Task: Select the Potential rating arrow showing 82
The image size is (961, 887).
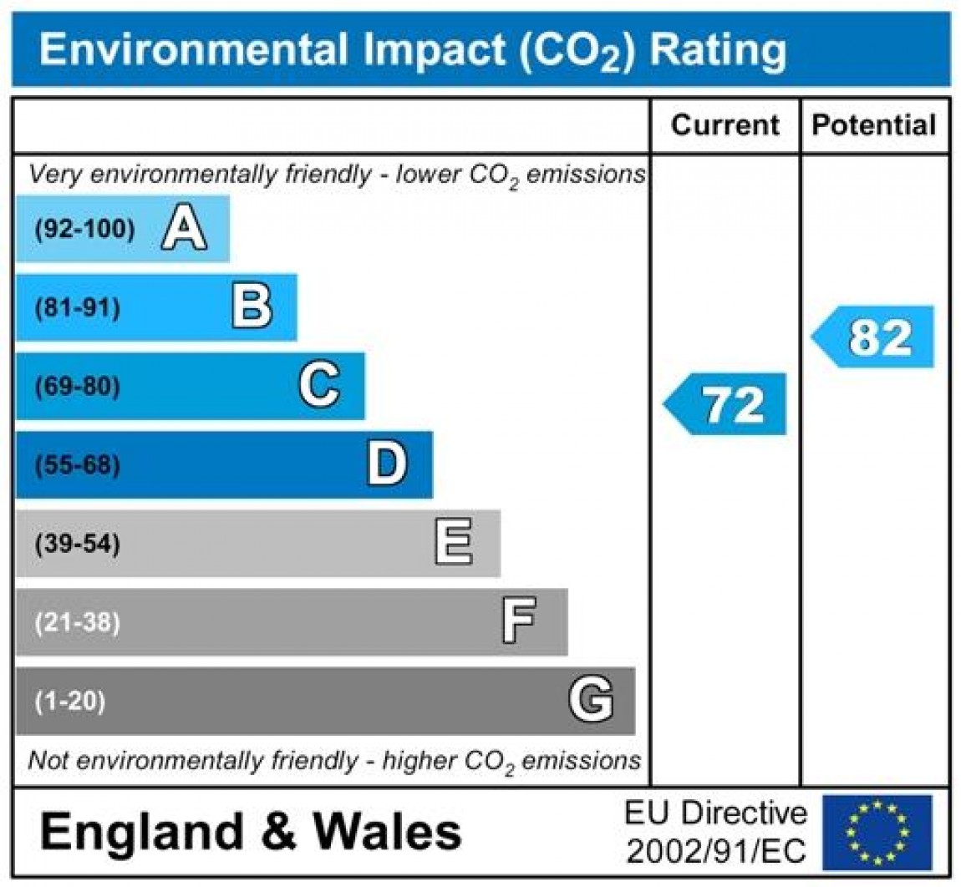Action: point(875,337)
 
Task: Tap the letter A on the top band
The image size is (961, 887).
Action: point(184,229)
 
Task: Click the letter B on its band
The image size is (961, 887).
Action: point(252,307)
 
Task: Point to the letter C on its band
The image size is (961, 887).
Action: point(319,386)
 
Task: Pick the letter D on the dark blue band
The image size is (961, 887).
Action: point(387,464)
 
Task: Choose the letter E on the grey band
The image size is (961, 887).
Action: point(454,544)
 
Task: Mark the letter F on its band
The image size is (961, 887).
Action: point(518,622)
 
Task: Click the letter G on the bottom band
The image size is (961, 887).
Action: point(590,700)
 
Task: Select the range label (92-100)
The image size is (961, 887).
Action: point(84,230)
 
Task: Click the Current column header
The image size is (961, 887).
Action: point(725,126)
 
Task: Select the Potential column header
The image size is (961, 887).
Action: point(874,126)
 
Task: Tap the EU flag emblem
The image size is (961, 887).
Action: point(877,832)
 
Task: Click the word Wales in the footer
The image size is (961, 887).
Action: point(388,832)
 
